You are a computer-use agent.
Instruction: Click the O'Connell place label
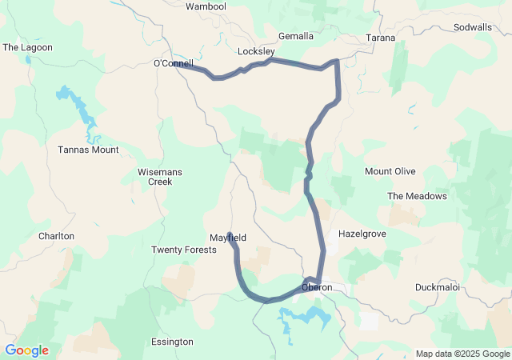[174, 63]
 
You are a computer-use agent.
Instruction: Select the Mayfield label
[228, 238]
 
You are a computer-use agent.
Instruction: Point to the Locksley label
[256, 51]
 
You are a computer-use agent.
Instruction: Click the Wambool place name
[206, 6]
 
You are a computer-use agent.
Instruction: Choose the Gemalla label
[296, 37]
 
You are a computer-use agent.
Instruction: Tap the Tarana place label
[380, 38]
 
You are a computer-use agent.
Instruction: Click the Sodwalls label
[472, 27]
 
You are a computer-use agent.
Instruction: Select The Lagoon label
[27, 48]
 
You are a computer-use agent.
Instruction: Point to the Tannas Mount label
[88, 150]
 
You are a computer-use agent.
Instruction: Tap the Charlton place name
[56, 236]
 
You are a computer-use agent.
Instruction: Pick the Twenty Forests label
[184, 250]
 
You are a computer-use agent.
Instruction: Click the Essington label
[172, 342]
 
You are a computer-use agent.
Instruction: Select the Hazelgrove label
[362, 234]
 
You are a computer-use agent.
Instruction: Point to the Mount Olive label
[390, 171]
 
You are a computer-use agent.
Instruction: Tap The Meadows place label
[417, 196]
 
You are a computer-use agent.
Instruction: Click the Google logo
[26, 350]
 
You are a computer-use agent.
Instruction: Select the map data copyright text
[462, 354]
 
